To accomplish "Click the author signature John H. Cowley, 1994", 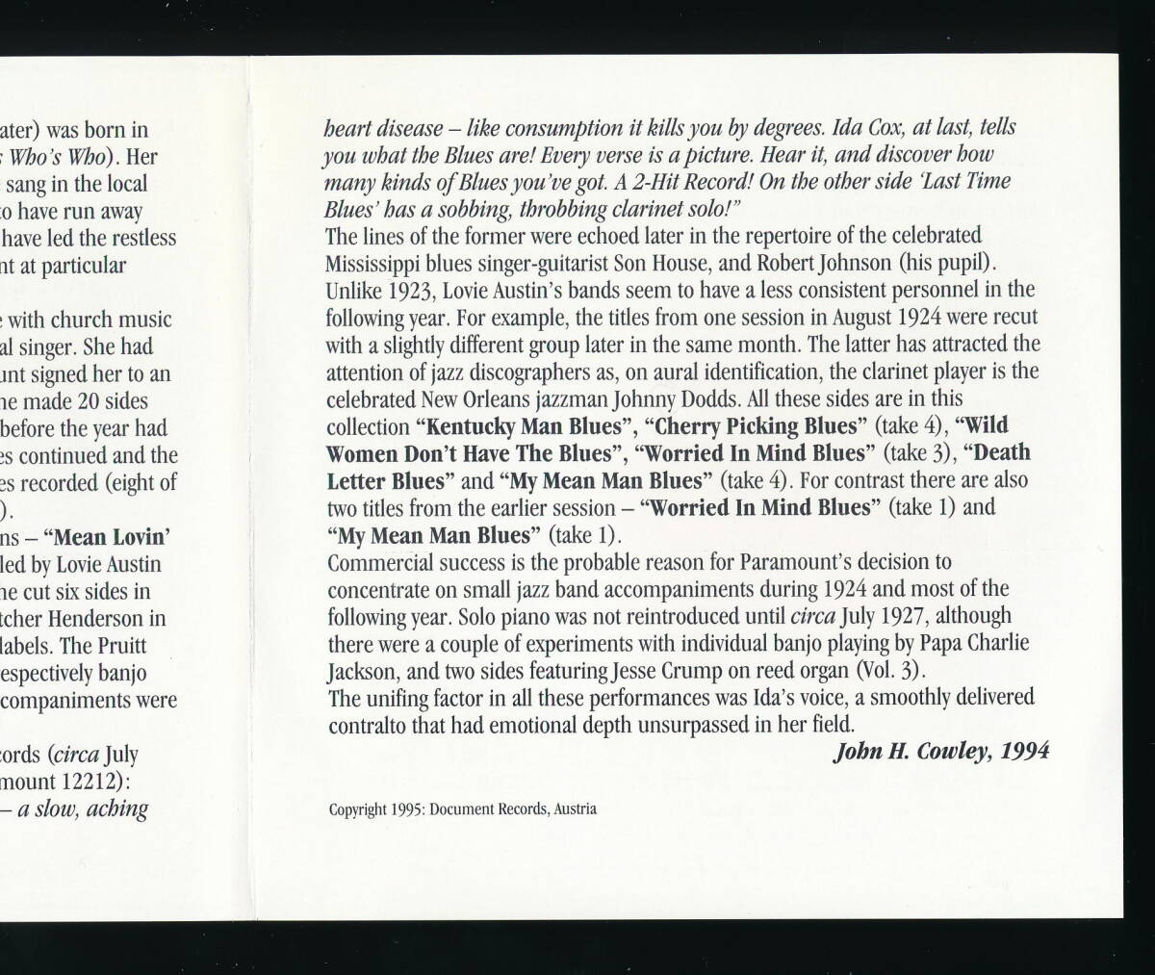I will (940, 751).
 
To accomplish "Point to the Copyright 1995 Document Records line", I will (462, 809).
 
